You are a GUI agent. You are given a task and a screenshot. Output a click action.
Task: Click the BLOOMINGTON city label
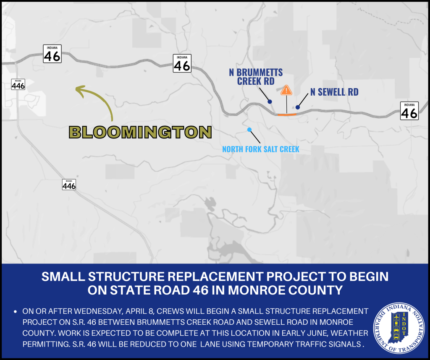click(x=140, y=132)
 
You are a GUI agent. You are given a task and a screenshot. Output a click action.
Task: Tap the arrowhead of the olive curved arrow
click(x=80, y=90)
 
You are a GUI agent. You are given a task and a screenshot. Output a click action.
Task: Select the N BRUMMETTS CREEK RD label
click(x=256, y=77)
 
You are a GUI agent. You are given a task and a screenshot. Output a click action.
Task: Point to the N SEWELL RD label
click(x=334, y=92)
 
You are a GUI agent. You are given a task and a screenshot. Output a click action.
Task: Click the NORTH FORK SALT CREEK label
click(x=260, y=149)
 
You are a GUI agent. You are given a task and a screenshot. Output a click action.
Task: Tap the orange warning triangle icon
click(x=286, y=90)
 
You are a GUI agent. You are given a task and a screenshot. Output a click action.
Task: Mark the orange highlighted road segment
click(x=287, y=115)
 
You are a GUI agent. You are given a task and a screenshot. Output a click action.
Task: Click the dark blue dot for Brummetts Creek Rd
click(x=270, y=102)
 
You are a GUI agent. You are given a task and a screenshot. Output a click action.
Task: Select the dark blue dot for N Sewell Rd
click(x=298, y=107)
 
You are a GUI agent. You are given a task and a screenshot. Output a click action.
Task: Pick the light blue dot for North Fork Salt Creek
click(x=249, y=130)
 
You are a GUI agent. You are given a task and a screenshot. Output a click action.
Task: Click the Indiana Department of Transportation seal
click(x=399, y=328)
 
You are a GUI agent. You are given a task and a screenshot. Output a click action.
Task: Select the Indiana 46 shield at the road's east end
click(x=409, y=111)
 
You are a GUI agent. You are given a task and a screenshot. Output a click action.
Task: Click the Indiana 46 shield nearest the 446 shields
click(x=52, y=54)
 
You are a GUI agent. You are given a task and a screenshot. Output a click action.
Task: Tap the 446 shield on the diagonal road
click(x=69, y=185)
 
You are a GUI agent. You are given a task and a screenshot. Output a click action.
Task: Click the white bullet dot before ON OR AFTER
click(x=16, y=311)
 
